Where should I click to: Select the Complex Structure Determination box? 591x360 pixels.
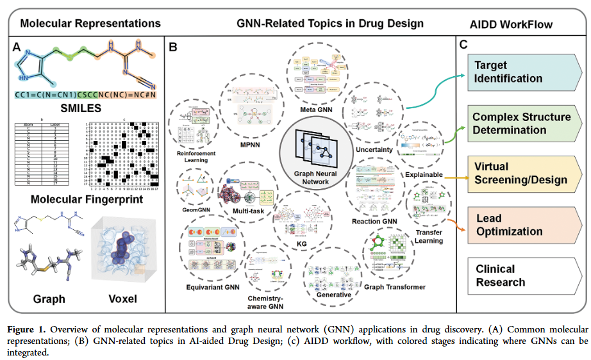tap(520, 123)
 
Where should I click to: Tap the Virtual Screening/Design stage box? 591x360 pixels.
tap(520, 173)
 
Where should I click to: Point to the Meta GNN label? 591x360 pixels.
tap(317, 111)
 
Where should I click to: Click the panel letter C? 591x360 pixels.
tap(463, 45)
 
